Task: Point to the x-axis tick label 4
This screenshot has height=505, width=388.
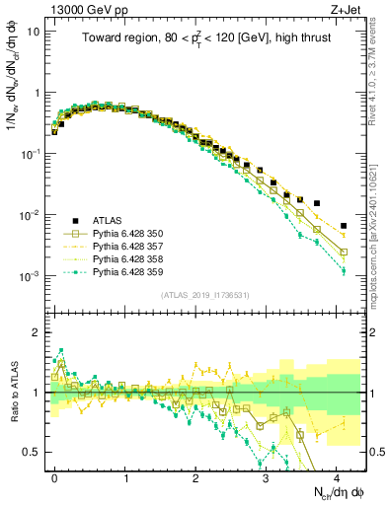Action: (x=337, y=476)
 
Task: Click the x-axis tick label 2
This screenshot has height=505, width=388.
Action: (x=195, y=476)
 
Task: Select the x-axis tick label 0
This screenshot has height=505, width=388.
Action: (x=54, y=476)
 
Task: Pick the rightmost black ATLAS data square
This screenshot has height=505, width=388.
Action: (x=344, y=226)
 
